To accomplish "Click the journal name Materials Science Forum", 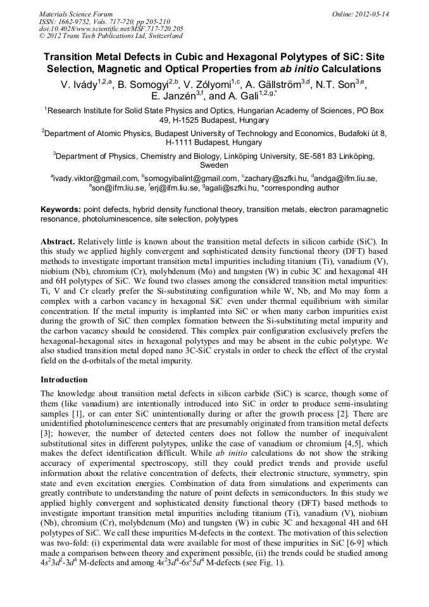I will tap(76, 14).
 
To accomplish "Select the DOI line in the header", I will tap(111, 29).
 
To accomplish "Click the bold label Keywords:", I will tap(61, 209).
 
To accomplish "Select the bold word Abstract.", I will tap(59, 242).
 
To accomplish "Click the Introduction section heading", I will tap(64, 380).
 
